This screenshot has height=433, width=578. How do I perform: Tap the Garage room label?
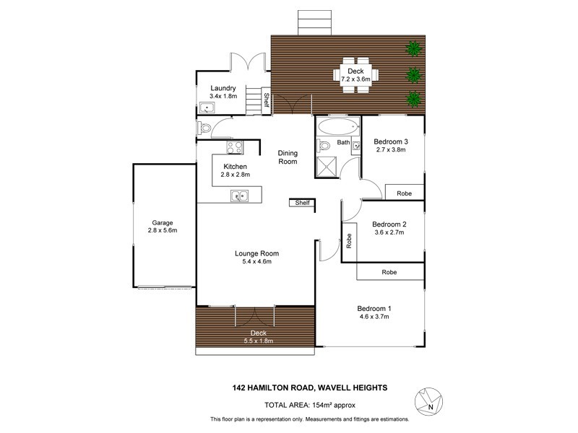162,222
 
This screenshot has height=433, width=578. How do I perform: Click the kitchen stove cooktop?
234,148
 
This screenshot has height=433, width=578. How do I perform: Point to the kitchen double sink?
239,194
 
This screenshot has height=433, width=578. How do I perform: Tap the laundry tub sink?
208,110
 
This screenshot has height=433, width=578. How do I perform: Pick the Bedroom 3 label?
391,141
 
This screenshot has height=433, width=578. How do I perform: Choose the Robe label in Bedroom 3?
404,193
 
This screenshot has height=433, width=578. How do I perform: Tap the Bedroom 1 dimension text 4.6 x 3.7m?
374,317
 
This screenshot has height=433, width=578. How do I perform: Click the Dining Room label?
288,157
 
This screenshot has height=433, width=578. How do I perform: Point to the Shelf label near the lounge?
302,203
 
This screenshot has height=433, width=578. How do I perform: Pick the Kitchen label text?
236,167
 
